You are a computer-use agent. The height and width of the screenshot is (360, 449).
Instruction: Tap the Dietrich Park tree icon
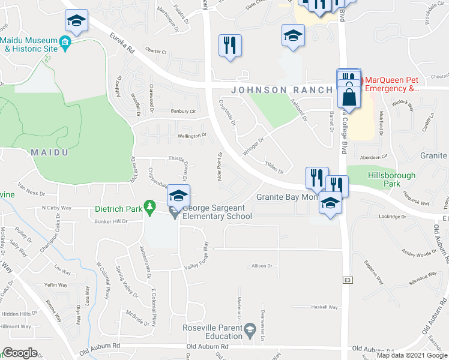pyautogui.click(x=149, y=209)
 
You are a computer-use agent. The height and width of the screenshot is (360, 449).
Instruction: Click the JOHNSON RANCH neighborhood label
pyautogui.click(x=279, y=90)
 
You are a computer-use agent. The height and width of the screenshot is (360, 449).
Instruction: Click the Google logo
pyautogui.click(x=20, y=353)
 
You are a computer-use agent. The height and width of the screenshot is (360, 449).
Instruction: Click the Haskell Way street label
pyautogui.click(x=324, y=307)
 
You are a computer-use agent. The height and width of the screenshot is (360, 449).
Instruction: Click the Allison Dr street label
pyautogui.click(x=262, y=265)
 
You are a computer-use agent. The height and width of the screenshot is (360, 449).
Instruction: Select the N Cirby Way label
pyautogui.click(x=56, y=208)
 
